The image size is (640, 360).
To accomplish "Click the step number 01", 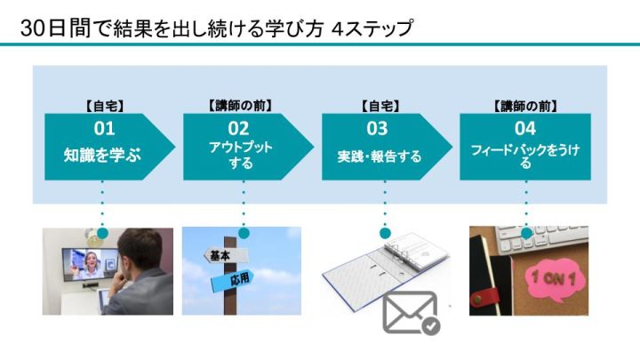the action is tap(104, 129).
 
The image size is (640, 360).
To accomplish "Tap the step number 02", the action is tap(238, 129).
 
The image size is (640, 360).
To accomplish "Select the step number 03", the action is tap(377, 129).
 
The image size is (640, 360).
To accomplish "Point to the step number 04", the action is tap(525, 129).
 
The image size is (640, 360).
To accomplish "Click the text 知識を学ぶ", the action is tap(102, 155).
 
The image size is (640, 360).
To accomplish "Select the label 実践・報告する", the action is tap(380, 156).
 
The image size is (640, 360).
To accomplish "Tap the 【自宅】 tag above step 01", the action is tap(105, 107).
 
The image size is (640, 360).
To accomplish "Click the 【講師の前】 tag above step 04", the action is tap(525, 107).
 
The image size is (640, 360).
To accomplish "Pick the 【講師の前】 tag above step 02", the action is tap(240, 106).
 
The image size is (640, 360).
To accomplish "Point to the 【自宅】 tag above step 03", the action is tap(380, 107).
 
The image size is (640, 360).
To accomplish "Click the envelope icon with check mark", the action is tap(411, 313).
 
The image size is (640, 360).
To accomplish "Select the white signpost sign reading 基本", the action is tap(226, 256).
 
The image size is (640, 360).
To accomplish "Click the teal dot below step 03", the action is tap(385, 234).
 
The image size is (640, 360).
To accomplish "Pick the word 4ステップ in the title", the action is tap(372, 29).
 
